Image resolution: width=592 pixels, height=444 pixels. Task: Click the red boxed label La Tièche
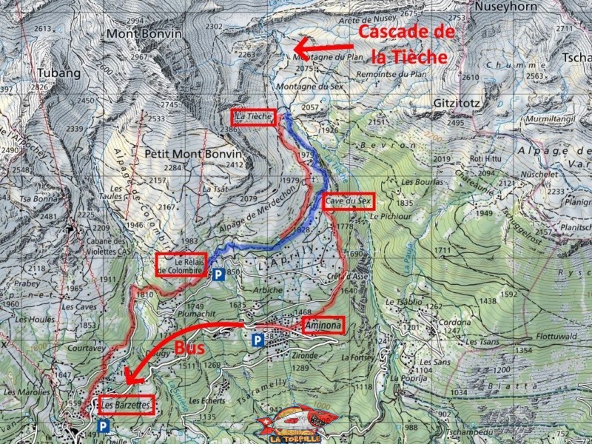click(254, 117)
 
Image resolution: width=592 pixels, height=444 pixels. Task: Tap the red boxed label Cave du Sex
click(349, 201)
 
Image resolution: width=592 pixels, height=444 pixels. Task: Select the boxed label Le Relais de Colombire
click(181, 265)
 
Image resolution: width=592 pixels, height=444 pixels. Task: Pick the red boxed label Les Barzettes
click(125, 406)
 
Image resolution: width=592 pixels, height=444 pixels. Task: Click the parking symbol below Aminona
click(258, 340)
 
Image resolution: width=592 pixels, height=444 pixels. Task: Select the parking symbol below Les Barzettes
click(103, 426)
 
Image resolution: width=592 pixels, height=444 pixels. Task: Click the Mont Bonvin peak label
click(138, 34)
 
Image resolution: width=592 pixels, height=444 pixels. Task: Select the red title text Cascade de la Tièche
click(406, 44)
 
